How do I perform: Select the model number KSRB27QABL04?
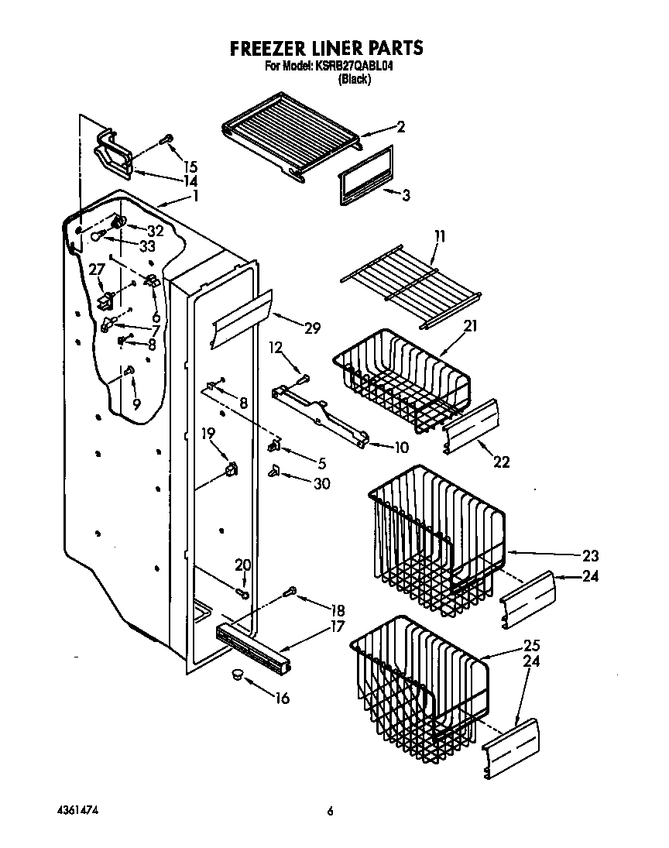[x=352, y=67]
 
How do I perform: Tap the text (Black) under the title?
[x=355, y=79]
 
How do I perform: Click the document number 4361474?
[x=78, y=810]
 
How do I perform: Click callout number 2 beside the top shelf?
[x=400, y=128]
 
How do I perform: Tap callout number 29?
[x=311, y=328]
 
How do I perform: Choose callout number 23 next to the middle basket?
[x=591, y=555]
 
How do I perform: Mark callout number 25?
[x=532, y=645]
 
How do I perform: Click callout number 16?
[x=282, y=699]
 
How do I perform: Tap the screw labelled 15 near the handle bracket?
[x=165, y=140]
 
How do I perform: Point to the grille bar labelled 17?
[x=256, y=645]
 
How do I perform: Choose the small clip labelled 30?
[x=275, y=472]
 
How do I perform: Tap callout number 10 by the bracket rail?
[x=401, y=448]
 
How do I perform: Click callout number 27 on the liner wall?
[x=97, y=270]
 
